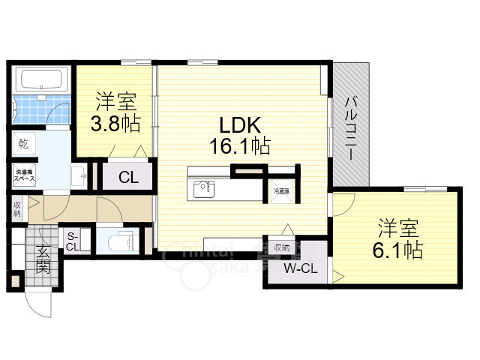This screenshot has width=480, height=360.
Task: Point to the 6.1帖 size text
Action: (x=398, y=250)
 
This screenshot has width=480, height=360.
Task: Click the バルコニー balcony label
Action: (x=351, y=127)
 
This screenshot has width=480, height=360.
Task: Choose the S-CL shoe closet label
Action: (x=73, y=240)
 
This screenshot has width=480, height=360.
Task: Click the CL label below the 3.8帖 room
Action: (x=128, y=178)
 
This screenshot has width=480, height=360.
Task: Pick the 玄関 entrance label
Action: (x=42, y=259)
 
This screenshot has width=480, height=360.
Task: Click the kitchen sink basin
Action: (x=202, y=188)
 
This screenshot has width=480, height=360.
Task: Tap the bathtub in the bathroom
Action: (x=42, y=79)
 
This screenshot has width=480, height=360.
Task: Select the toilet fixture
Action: (x=119, y=241)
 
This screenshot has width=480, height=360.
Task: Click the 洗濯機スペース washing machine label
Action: (x=25, y=178)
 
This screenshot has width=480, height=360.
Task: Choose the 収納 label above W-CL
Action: (x=282, y=247)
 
